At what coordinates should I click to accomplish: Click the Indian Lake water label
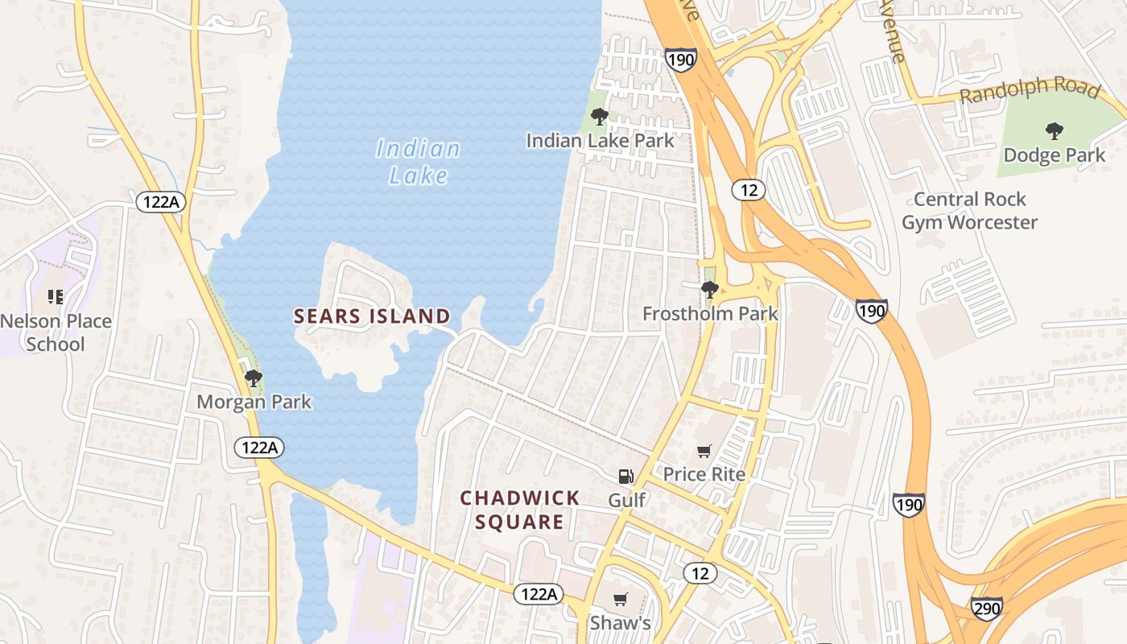point(418,162)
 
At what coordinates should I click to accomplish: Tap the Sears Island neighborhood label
point(372,316)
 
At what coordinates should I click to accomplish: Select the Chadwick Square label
point(519,510)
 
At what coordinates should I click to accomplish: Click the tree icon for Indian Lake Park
point(599,117)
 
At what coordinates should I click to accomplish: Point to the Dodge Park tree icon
point(1054,131)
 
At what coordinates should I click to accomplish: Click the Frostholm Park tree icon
point(709,289)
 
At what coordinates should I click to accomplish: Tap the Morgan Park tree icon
point(254,378)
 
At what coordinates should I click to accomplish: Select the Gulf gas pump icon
point(625,477)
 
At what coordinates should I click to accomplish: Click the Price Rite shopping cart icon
point(704,451)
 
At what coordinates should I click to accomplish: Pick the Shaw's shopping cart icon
point(620,599)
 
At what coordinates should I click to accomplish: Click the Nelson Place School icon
point(55,297)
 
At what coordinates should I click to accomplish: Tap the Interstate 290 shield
point(986,609)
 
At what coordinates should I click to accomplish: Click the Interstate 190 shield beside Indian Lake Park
point(680,60)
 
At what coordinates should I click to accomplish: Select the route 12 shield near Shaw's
point(700,573)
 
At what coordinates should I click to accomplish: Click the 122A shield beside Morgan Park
point(260,448)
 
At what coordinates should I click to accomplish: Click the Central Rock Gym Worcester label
point(969,211)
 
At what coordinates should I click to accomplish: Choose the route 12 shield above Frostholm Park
point(748,190)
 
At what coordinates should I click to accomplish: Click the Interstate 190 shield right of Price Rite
point(908,506)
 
